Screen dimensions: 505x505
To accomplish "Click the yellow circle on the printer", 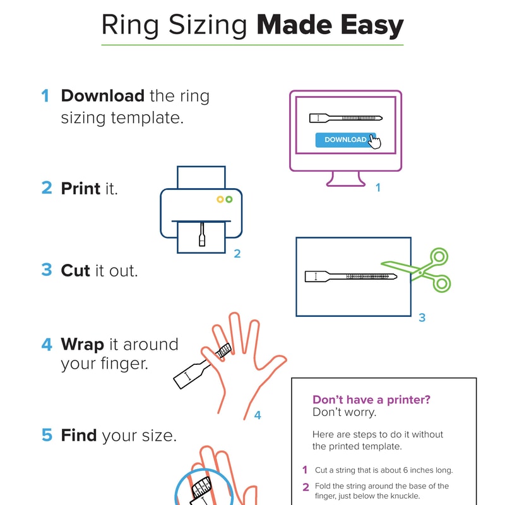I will click(220, 199).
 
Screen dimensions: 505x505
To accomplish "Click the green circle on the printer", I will click(229, 199).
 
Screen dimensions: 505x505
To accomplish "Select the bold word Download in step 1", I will click(102, 96).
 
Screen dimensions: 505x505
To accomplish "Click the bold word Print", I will click(80, 188).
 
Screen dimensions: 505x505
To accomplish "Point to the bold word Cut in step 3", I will click(76, 270).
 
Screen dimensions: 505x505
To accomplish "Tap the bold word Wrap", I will click(81, 344).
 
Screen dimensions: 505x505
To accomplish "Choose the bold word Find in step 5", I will click(78, 435).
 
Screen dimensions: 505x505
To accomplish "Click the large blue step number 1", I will click(45, 96).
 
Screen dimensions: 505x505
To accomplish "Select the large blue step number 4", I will click(46, 344).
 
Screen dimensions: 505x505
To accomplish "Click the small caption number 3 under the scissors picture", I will click(422, 318).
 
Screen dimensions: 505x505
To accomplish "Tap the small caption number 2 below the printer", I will click(237, 254).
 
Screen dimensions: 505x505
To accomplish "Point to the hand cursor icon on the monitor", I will click(375, 142).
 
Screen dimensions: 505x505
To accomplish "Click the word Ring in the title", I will click(128, 26).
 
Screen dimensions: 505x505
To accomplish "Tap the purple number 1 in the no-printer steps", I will click(305, 470).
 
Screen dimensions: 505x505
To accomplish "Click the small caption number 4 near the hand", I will click(257, 415).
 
